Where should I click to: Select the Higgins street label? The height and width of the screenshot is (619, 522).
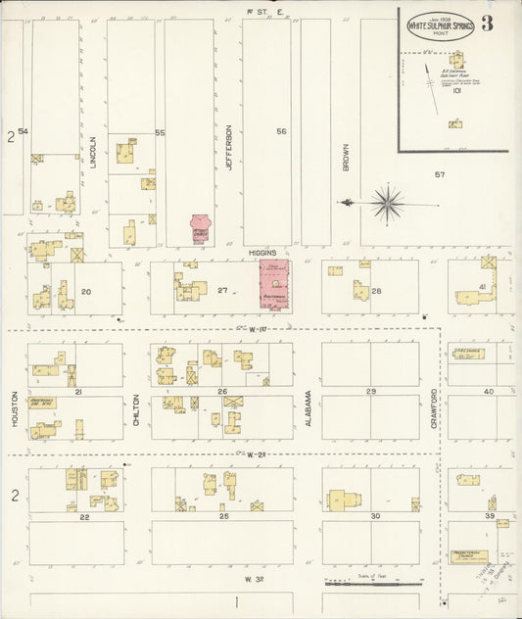coord(261,250)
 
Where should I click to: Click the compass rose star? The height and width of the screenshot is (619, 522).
coord(388,203)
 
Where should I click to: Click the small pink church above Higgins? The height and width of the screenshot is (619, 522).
coord(201,229)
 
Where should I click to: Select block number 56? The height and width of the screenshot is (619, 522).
coord(281,131)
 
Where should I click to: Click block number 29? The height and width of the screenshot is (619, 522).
coord(370,391)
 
